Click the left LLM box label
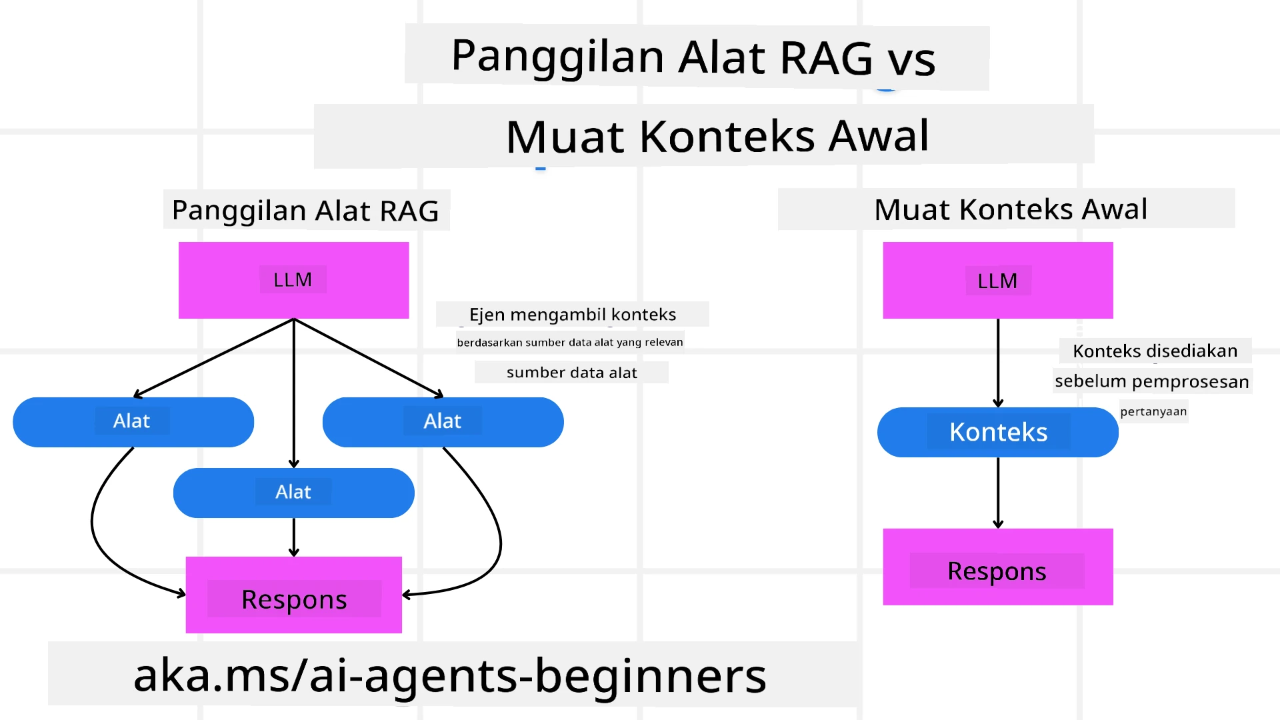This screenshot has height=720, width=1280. (x=293, y=280)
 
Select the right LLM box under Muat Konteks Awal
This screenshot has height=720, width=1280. (x=997, y=281)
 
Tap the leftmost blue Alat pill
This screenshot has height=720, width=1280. (x=133, y=421)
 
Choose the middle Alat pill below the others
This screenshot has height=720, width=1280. (x=293, y=493)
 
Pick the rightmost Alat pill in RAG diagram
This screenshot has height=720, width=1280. (x=443, y=421)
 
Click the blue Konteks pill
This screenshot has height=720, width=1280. (x=997, y=432)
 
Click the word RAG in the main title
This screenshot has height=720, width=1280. (x=825, y=58)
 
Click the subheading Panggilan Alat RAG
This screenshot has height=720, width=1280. (x=305, y=211)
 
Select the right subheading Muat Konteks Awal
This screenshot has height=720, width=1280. (x=1010, y=209)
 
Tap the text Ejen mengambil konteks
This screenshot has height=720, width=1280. (x=572, y=315)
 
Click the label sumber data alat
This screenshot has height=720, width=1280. (x=571, y=373)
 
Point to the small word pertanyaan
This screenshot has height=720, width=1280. (x=1153, y=412)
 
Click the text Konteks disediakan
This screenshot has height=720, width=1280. (x=1155, y=351)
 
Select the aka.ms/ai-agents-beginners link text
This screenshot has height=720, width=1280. (x=450, y=675)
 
